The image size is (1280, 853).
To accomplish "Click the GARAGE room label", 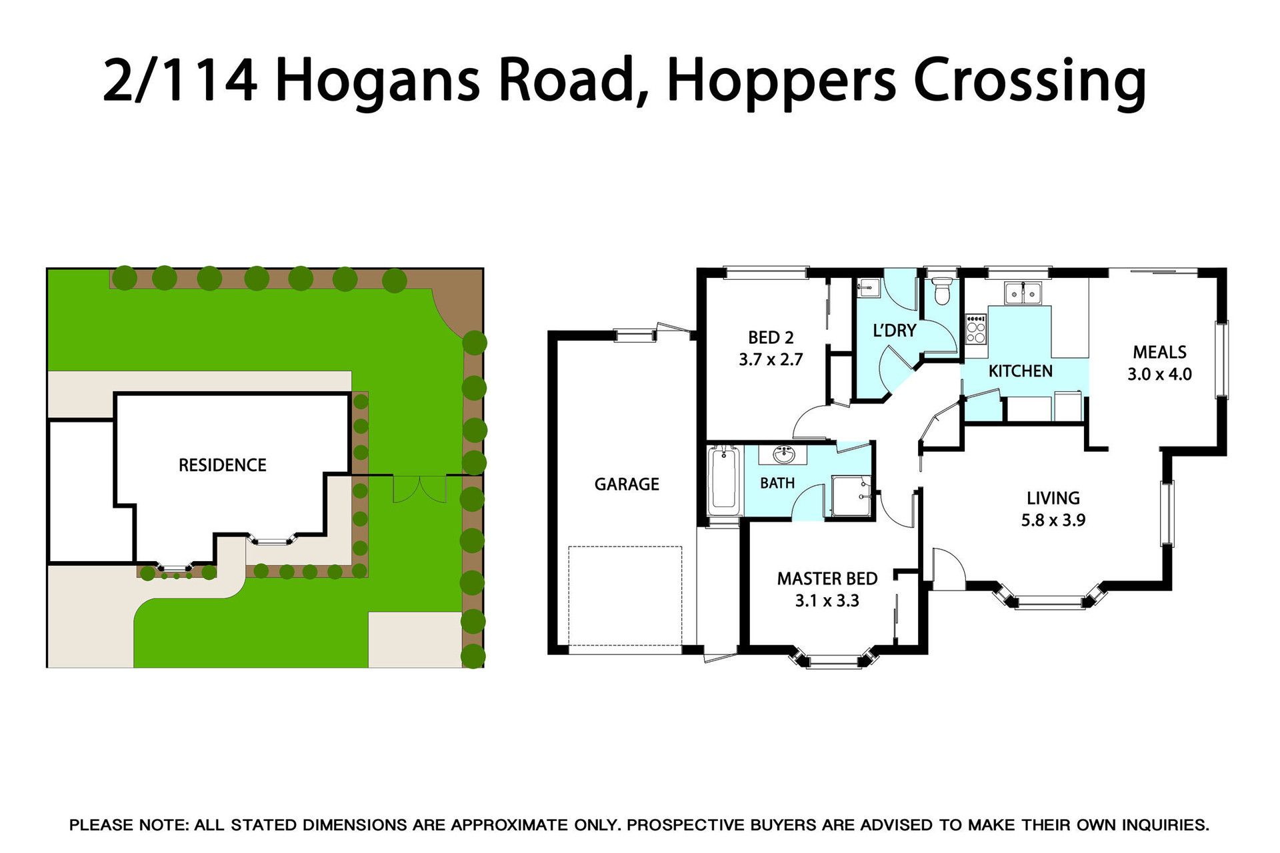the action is click(627, 484).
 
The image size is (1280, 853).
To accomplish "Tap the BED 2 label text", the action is click(771, 338).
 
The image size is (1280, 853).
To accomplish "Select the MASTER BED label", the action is click(827, 578).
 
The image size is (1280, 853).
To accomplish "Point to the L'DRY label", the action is click(895, 331).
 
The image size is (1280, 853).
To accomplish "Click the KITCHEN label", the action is click(1020, 371).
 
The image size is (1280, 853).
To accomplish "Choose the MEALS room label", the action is click(1160, 352).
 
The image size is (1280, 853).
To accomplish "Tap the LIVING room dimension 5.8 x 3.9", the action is click(1053, 520).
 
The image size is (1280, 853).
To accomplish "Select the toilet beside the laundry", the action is click(941, 291).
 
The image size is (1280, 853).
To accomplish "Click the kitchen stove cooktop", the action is click(976, 329).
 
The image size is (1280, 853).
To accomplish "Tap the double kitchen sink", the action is click(1023, 293).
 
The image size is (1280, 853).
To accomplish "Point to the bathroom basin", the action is click(784, 455).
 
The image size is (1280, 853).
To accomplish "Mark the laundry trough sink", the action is click(867, 289).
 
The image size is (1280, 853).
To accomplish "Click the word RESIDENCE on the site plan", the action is click(223, 465).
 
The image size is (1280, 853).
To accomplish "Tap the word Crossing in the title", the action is click(1029, 81).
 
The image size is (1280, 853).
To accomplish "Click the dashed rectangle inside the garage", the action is click(625, 596).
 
